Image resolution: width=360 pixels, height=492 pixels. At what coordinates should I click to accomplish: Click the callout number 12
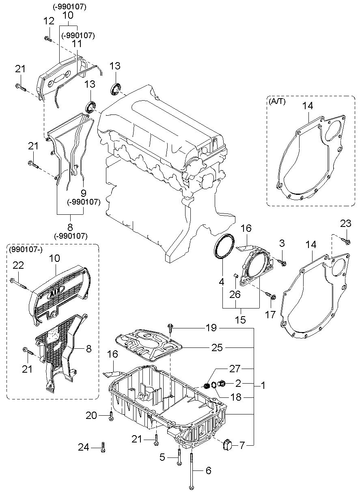[x=49, y=21]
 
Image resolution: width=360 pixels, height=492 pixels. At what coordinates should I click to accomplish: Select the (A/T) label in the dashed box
[x=277, y=101]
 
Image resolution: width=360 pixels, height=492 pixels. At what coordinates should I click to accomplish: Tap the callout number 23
[x=346, y=223]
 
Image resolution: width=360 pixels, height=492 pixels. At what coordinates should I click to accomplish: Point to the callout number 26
[x=235, y=294]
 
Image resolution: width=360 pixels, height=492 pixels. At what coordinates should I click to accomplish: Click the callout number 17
[x=270, y=315]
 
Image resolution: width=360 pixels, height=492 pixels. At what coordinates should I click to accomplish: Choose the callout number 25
[x=217, y=347]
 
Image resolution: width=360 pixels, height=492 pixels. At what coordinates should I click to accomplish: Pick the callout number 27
[x=235, y=369]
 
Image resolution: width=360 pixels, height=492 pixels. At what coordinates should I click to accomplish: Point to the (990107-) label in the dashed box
[x=26, y=250]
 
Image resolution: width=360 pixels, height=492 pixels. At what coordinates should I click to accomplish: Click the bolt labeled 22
[x=19, y=284]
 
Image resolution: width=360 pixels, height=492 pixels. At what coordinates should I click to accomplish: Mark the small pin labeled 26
[x=235, y=276]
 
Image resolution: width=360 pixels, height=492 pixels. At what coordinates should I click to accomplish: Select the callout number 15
[x=240, y=319]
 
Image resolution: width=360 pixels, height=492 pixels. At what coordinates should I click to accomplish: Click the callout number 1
[x=263, y=386]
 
